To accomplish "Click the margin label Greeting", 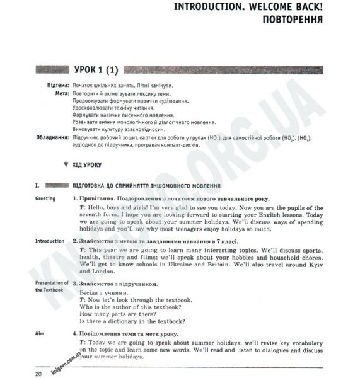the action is coord(45,198).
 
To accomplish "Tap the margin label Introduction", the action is coord(50,241).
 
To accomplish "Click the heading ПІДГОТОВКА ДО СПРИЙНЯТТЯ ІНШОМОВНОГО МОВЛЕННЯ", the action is coord(147,186).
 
